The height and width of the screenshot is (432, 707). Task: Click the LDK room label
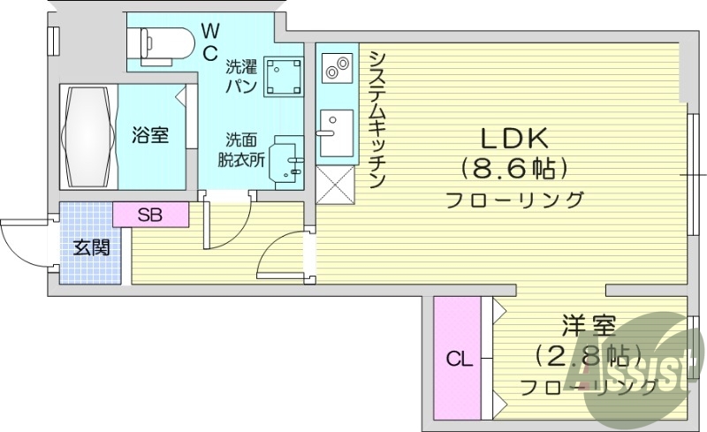pyautogui.click(x=514, y=138)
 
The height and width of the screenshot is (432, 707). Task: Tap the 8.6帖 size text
pyautogui.click(x=514, y=167)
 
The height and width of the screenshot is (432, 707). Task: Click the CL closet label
pyautogui.click(x=458, y=360)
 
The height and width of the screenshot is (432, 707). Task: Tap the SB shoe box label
pyautogui.click(x=150, y=214)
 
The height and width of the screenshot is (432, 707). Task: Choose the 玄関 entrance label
pyautogui.click(x=91, y=247)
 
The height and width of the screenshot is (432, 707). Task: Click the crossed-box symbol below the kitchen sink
pyautogui.click(x=335, y=184)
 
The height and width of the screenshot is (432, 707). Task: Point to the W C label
pyautogui.click(x=210, y=42)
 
